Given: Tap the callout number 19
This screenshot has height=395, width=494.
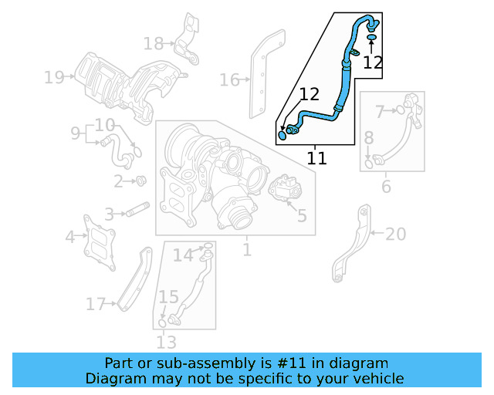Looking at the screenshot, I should tap(53, 77).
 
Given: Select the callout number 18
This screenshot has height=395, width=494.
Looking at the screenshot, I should tap(153, 44).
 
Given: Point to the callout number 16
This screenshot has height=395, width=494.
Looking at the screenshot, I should tap(229, 79).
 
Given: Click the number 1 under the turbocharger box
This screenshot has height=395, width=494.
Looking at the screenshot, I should tap(247, 249).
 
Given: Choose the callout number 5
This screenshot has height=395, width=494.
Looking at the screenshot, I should tap(302, 216).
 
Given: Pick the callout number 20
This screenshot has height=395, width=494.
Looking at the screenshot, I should tap(395, 234).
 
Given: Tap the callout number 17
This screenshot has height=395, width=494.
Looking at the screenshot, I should tap(95, 305).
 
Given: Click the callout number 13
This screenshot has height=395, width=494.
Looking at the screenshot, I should tap(166, 342).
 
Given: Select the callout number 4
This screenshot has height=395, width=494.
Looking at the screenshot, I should tap(70, 237).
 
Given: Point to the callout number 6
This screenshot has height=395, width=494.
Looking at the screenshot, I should tap(386, 186).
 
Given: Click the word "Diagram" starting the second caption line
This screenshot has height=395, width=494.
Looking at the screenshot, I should tap(111, 379).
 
